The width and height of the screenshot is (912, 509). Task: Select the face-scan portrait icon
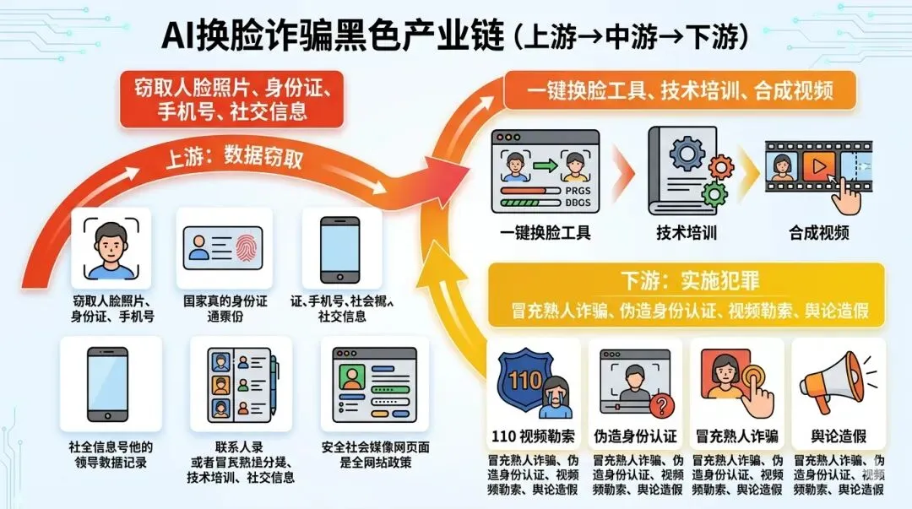coord(111,248)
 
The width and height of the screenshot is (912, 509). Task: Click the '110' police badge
coord(525,381)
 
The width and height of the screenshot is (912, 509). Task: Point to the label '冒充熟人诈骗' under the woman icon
coord(736,436)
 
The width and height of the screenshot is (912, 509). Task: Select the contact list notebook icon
coord(240,385)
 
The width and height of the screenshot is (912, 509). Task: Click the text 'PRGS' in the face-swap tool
coord(579,192)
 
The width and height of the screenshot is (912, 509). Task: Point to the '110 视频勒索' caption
coord(534,436)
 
